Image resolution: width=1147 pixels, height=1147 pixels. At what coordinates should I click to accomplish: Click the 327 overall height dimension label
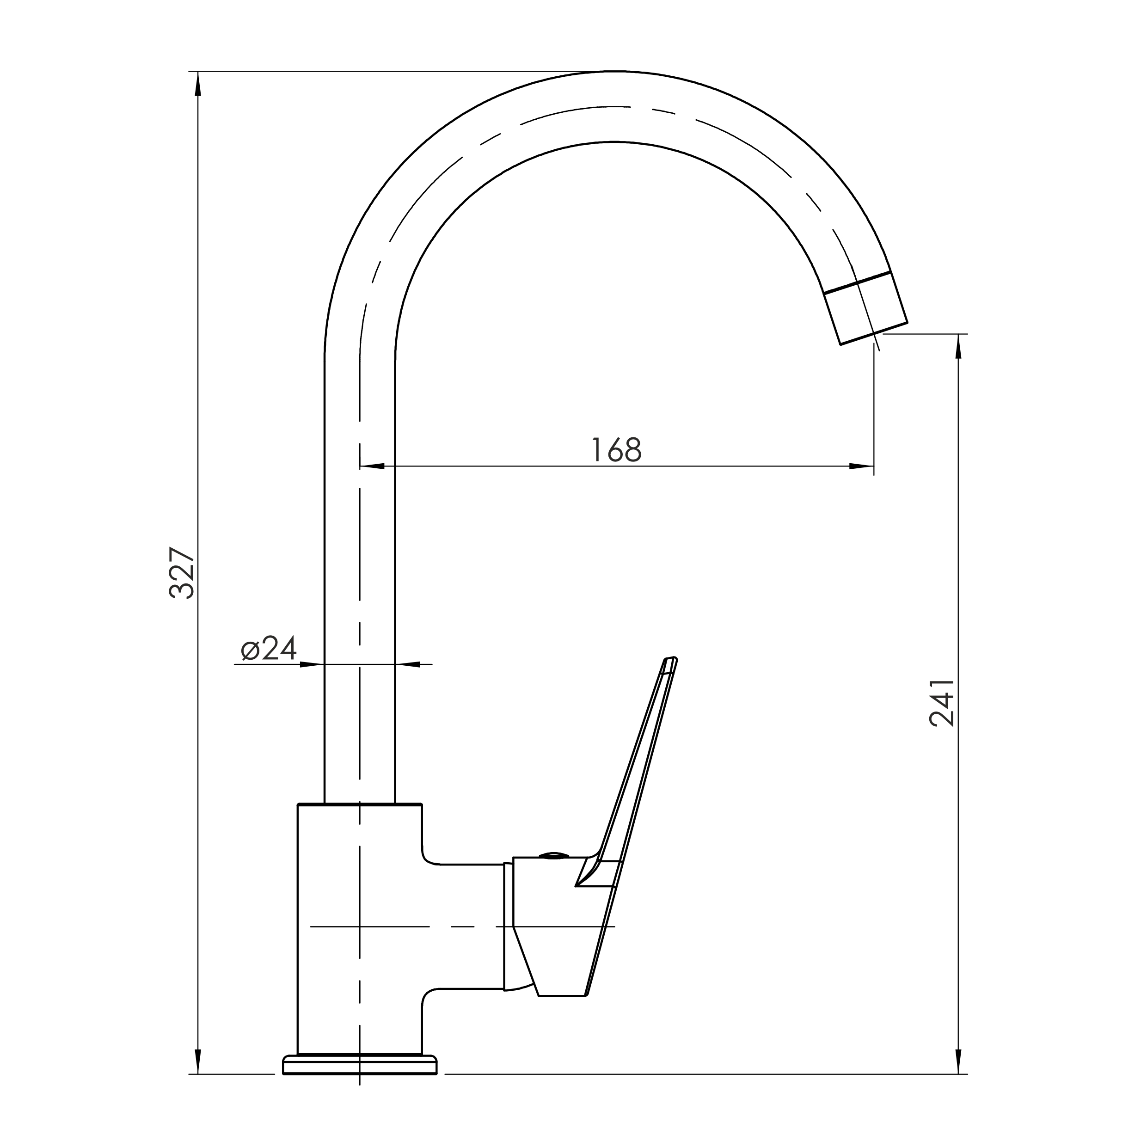click(182, 573)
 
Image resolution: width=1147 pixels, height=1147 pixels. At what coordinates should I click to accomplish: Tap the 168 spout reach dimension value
click(618, 449)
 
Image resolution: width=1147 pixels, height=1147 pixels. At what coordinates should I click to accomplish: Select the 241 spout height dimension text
click(942, 704)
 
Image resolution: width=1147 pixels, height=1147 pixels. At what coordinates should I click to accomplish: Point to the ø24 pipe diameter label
click(268, 648)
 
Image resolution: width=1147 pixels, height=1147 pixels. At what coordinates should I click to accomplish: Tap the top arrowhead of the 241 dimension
click(958, 346)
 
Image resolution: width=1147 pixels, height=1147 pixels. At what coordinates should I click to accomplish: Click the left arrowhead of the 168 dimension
click(372, 466)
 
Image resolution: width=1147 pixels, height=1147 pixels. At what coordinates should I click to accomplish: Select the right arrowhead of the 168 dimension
click(861, 466)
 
